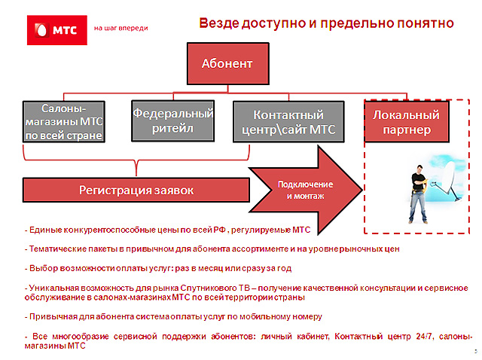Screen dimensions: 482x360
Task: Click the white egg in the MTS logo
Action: (x=41, y=30)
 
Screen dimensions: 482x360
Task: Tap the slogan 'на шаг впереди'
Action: (x=120, y=28)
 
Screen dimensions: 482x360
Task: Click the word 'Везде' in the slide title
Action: (x=219, y=23)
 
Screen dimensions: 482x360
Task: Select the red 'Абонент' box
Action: (x=227, y=63)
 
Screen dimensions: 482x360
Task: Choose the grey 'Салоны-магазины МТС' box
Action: (x=64, y=122)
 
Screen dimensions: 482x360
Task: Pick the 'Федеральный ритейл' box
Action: (x=172, y=121)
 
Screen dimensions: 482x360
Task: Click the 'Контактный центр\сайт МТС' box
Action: (x=288, y=122)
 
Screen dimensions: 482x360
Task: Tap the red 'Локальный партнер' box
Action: (x=407, y=122)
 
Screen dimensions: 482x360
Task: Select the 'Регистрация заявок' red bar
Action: (x=136, y=190)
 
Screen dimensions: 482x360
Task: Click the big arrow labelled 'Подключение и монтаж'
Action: (x=306, y=190)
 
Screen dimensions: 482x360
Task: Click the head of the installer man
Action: (x=419, y=169)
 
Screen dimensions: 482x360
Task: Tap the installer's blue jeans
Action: (x=418, y=205)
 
